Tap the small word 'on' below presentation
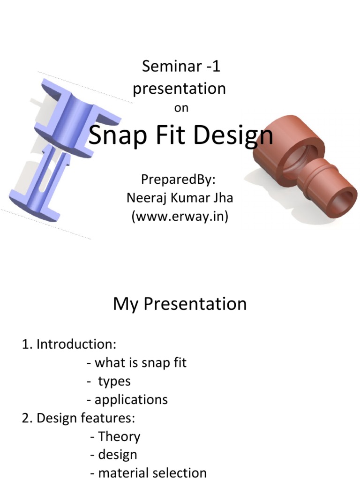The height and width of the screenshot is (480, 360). [181, 108]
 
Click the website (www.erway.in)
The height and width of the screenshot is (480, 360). [180, 217]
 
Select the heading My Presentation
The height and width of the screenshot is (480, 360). [180, 304]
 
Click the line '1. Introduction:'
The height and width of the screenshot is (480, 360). [69, 345]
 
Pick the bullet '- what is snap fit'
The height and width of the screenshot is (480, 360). [137, 363]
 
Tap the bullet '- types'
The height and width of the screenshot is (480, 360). [109, 381]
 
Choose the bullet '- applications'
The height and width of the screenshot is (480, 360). [127, 399]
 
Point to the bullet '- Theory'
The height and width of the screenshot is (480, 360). [115, 436]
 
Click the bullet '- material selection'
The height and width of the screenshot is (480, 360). [149, 473]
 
